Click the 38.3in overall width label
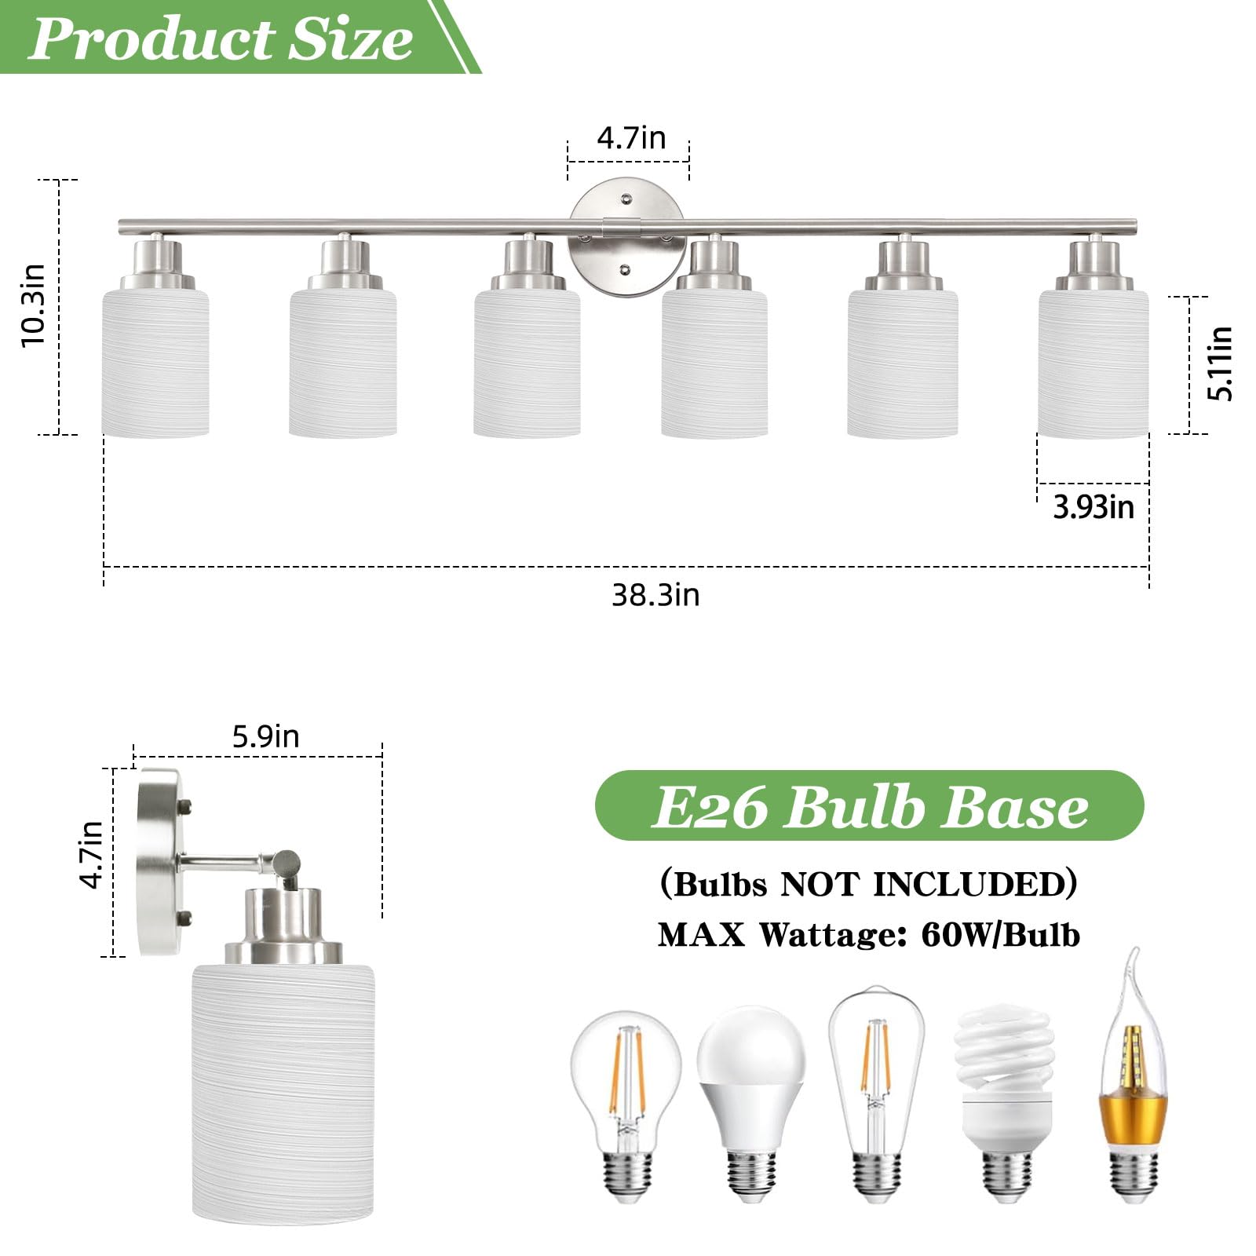click(x=655, y=595)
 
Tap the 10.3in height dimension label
click(x=34, y=306)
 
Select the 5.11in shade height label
click(x=1221, y=363)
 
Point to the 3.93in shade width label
click(x=1094, y=507)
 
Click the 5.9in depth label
click(x=265, y=736)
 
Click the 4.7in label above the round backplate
click(x=631, y=138)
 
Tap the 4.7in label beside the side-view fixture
click(x=92, y=854)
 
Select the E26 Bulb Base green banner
click(x=870, y=806)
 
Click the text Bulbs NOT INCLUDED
click(x=869, y=884)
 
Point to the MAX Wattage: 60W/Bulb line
click(x=869, y=934)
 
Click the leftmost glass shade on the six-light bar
click(x=155, y=363)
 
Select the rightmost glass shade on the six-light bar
click(x=1093, y=363)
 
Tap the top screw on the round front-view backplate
click(x=626, y=199)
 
